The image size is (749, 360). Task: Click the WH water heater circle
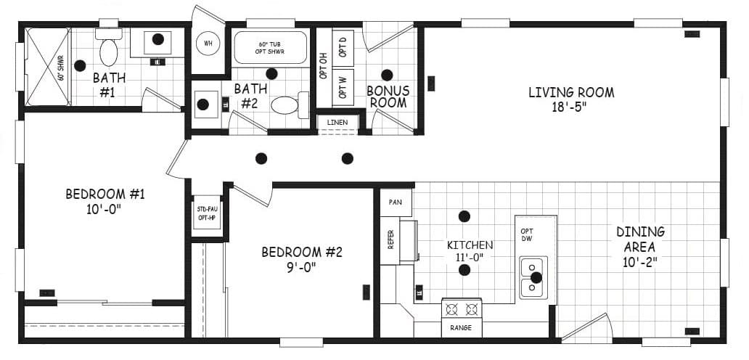click(208, 44)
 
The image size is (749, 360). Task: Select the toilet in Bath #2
click(285, 105)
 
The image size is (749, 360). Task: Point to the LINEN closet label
click(337, 122)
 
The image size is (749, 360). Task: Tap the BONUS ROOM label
click(388, 97)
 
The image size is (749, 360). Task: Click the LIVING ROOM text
click(570, 92)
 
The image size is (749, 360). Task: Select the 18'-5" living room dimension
click(570, 107)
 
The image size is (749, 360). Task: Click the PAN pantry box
click(396, 202)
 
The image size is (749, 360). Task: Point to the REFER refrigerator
click(390, 240)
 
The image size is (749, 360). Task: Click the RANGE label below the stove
click(461, 328)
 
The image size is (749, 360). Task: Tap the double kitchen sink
click(533, 277)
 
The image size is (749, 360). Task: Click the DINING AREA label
click(640, 239)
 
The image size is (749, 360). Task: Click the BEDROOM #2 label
click(301, 252)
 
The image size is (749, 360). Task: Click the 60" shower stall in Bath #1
click(48, 66)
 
